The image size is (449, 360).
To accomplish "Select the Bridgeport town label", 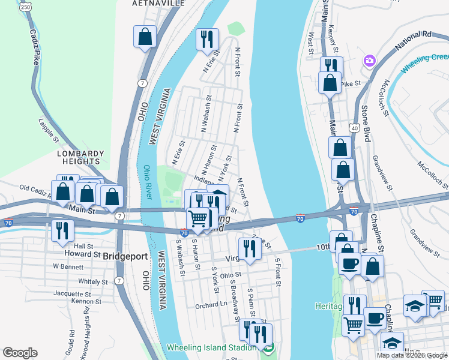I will [x=125, y=256].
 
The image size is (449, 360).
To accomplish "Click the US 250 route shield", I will [x=25, y=6].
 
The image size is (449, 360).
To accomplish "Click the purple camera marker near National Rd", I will [x=369, y=61].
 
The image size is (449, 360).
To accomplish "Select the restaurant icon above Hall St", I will [x=62, y=230].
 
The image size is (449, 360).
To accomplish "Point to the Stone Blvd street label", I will [x=364, y=124].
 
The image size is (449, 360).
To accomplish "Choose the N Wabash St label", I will [x=206, y=114].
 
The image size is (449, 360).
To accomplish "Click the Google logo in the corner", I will [x=20, y=352].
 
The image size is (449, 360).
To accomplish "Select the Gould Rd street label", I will [x=72, y=338].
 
